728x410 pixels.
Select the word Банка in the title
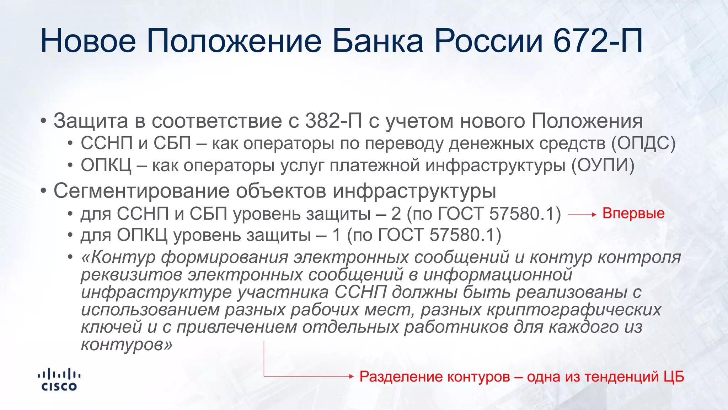[378, 41]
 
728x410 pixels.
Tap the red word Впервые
[633, 214]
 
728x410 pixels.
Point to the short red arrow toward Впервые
[582, 215]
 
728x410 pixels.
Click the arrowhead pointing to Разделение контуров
[352, 376]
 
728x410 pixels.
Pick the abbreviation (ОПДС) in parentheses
[643, 143]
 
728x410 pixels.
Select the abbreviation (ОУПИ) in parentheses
[603, 165]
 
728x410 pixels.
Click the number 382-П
[333, 121]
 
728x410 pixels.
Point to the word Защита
[91, 121]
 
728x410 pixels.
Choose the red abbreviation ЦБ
[674, 377]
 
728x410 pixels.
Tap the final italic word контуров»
[127, 345]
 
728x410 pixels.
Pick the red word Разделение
[399, 377]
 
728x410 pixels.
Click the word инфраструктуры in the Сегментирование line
[414, 191]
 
